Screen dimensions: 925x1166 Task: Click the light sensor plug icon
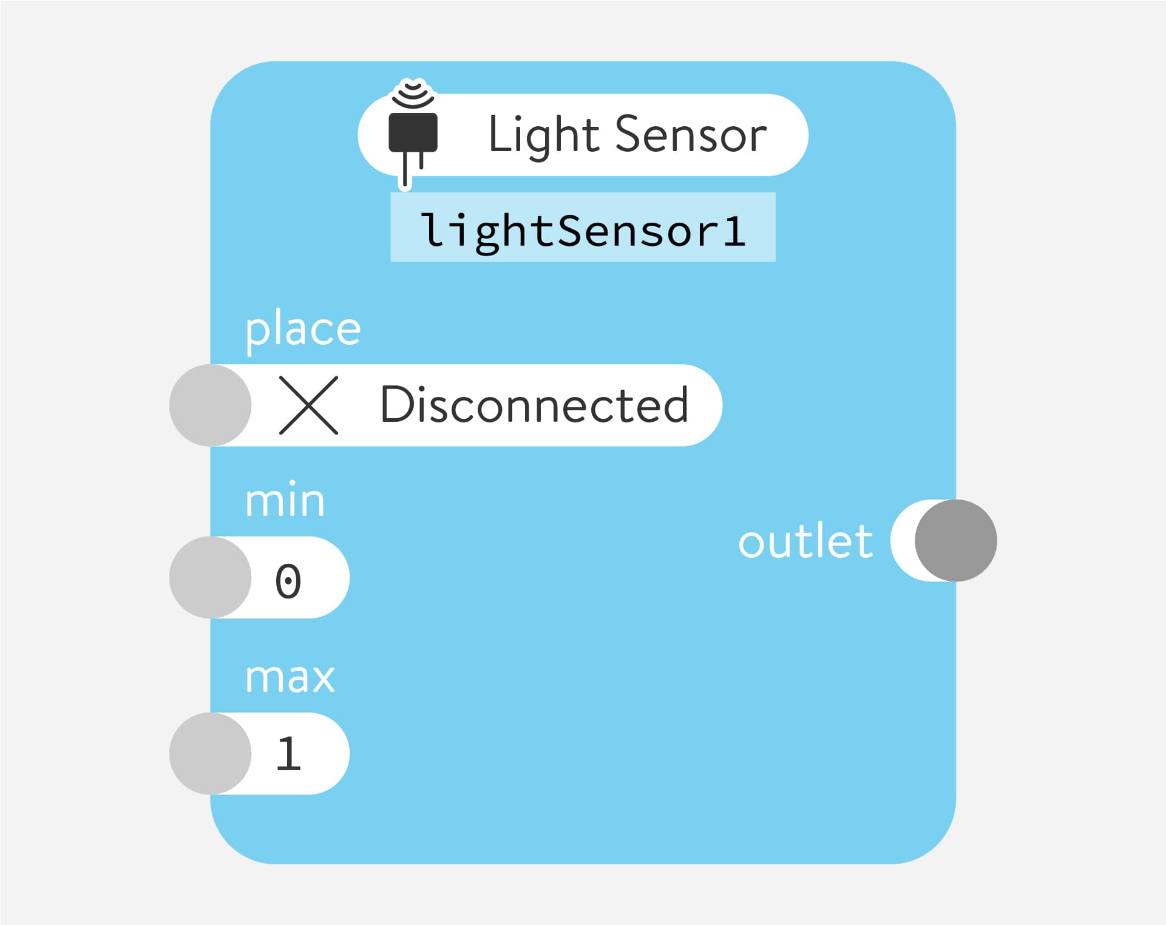pyautogui.click(x=413, y=134)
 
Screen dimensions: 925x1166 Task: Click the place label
pyautogui.click(x=303, y=330)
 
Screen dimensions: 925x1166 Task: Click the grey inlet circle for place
pyautogui.click(x=210, y=405)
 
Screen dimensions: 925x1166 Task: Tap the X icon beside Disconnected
pyautogui.click(x=308, y=405)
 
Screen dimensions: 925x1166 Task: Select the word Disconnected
pyautogui.click(x=534, y=405)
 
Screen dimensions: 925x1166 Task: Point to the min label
pyautogui.click(x=285, y=501)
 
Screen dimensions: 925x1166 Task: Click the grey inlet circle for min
pyautogui.click(x=210, y=577)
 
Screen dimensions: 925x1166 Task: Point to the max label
pyautogui.click(x=290, y=677)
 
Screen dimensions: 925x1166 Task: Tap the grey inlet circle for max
pyautogui.click(x=210, y=753)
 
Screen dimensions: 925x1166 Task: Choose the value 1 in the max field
pyautogui.click(x=288, y=754)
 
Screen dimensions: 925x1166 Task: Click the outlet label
pyautogui.click(x=805, y=541)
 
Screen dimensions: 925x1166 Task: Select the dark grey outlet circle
pyautogui.click(x=955, y=540)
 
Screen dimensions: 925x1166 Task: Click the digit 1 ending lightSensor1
pyautogui.click(x=734, y=231)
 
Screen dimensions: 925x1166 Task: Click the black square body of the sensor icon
pyautogui.click(x=413, y=132)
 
